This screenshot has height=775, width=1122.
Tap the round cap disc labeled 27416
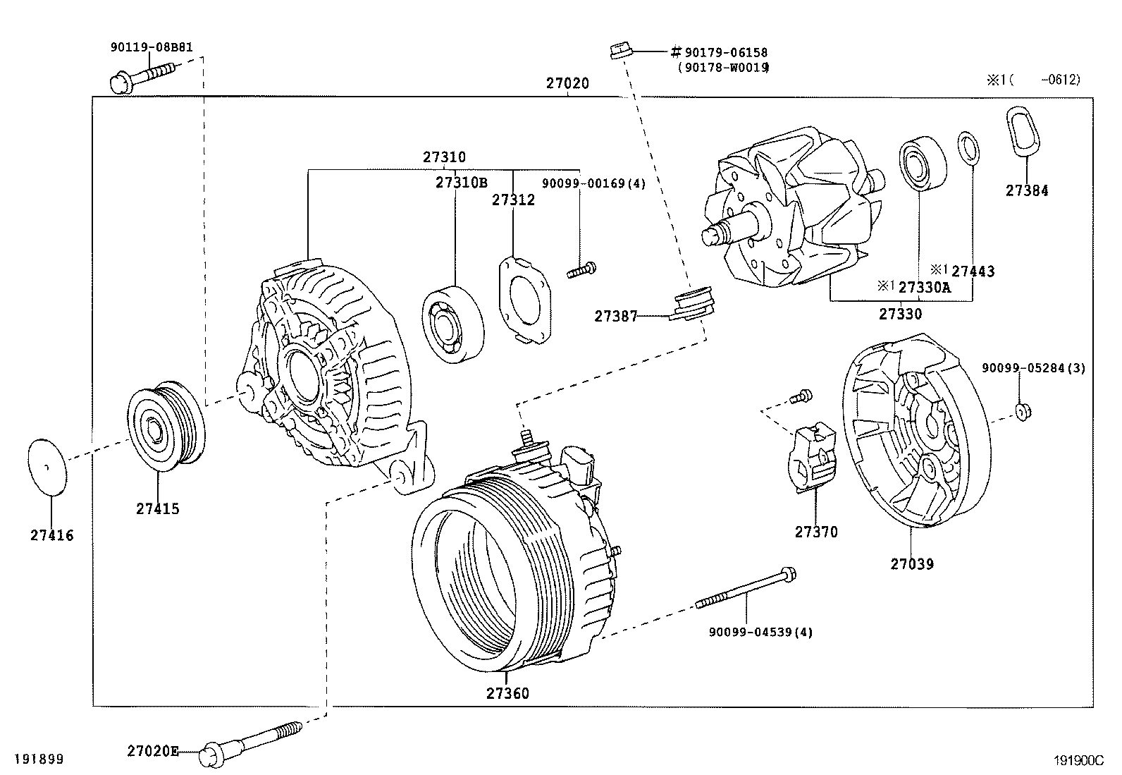click(x=48, y=467)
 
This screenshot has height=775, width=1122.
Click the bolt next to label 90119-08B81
click(x=141, y=76)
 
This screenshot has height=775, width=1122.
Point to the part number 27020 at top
click(x=567, y=83)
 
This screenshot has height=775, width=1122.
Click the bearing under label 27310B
click(x=454, y=324)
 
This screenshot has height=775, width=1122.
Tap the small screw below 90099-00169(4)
click(x=581, y=269)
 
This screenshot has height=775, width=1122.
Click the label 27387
click(x=615, y=317)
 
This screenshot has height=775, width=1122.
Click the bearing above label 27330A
click(x=922, y=161)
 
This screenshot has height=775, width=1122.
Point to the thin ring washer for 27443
click(x=968, y=149)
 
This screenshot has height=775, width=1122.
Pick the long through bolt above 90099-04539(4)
click(x=747, y=589)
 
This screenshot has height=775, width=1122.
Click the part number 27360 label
click(x=507, y=693)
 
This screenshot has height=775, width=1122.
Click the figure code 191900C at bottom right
click(x=1078, y=761)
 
